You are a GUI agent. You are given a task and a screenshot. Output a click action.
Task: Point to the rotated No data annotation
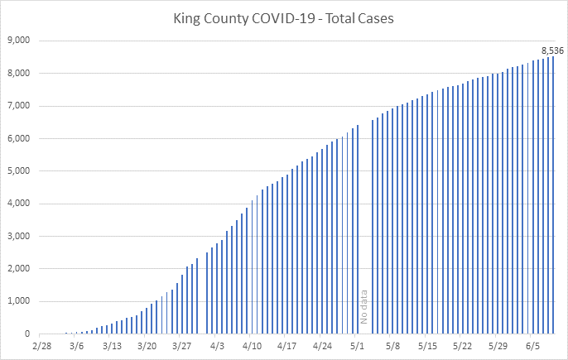363,307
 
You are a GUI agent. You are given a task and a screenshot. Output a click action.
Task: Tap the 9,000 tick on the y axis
17,41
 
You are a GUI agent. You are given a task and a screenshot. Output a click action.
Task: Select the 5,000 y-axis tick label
17,171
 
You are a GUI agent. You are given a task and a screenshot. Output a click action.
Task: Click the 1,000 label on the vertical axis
17,301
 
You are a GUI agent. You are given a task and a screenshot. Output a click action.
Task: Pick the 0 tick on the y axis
26,334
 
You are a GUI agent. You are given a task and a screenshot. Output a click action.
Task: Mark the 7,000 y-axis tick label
17,106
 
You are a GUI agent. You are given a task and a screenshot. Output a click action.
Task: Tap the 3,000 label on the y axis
17,236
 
